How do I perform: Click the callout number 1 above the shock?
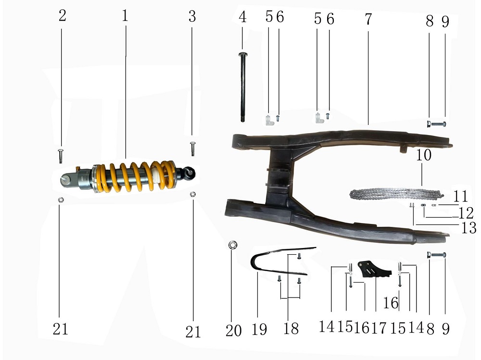(125, 16)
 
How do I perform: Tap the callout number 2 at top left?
(62, 15)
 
